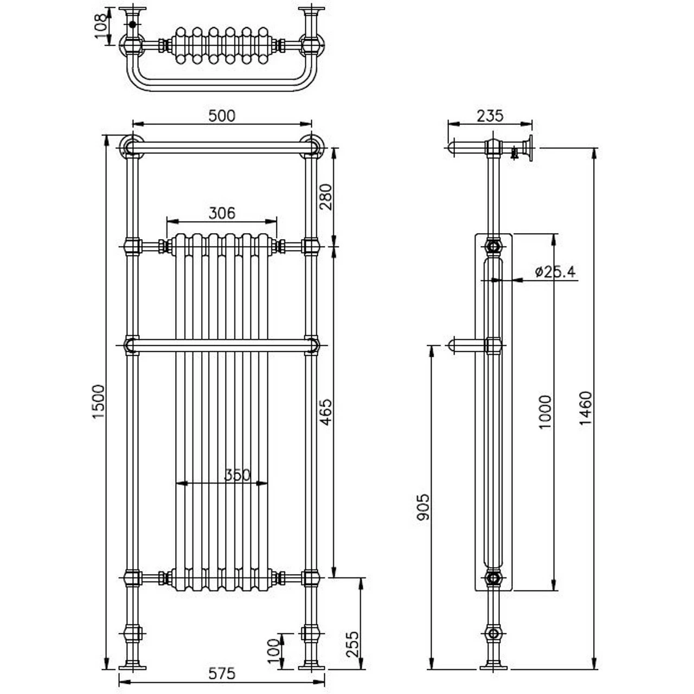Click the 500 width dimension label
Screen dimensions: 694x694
pyautogui.click(x=222, y=116)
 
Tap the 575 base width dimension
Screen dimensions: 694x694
pyautogui.click(x=222, y=674)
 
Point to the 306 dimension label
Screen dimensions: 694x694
pyautogui.click(x=222, y=213)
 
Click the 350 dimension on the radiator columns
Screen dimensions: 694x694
pyautogui.click(x=237, y=475)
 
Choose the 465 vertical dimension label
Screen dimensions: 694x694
pyautogui.click(x=326, y=413)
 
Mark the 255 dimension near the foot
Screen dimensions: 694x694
pyautogui.click(x=352, y=644)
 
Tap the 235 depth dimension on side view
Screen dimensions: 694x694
pyautogui.click(x=490, y=116)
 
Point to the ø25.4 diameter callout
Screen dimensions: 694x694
pyautogui.click(x=554, y=272)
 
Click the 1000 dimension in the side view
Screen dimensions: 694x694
pyautogui.click(x=545, y=412)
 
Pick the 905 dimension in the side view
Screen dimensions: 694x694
pyautogui.click(x=423, y=507)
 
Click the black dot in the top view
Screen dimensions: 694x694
pyautogui.click(x=133, y=24)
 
